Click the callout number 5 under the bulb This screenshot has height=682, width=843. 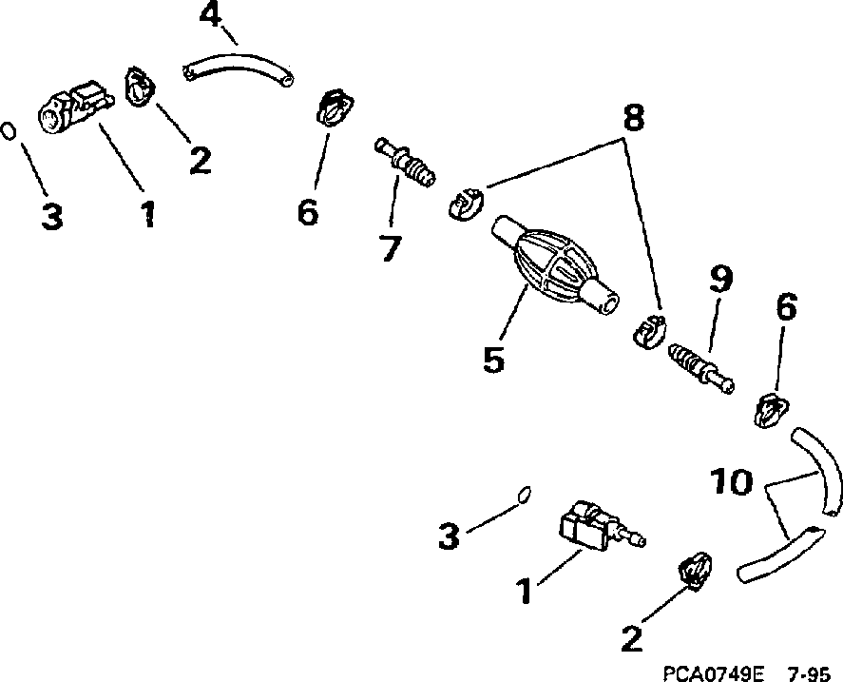[x=493, y=360]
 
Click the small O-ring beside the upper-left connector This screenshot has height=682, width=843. [x=9, y=129]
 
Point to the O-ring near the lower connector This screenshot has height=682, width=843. [x=523, y=493]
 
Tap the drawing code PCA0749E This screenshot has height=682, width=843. [x=715, y=672]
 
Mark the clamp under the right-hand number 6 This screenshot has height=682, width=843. [x=772, y=410]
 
